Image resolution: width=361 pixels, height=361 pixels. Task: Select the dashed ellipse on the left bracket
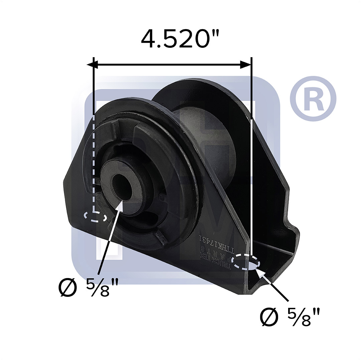(96, 217)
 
